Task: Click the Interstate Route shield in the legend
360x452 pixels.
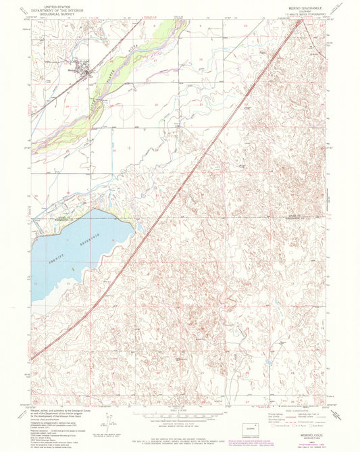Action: [278, 426]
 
